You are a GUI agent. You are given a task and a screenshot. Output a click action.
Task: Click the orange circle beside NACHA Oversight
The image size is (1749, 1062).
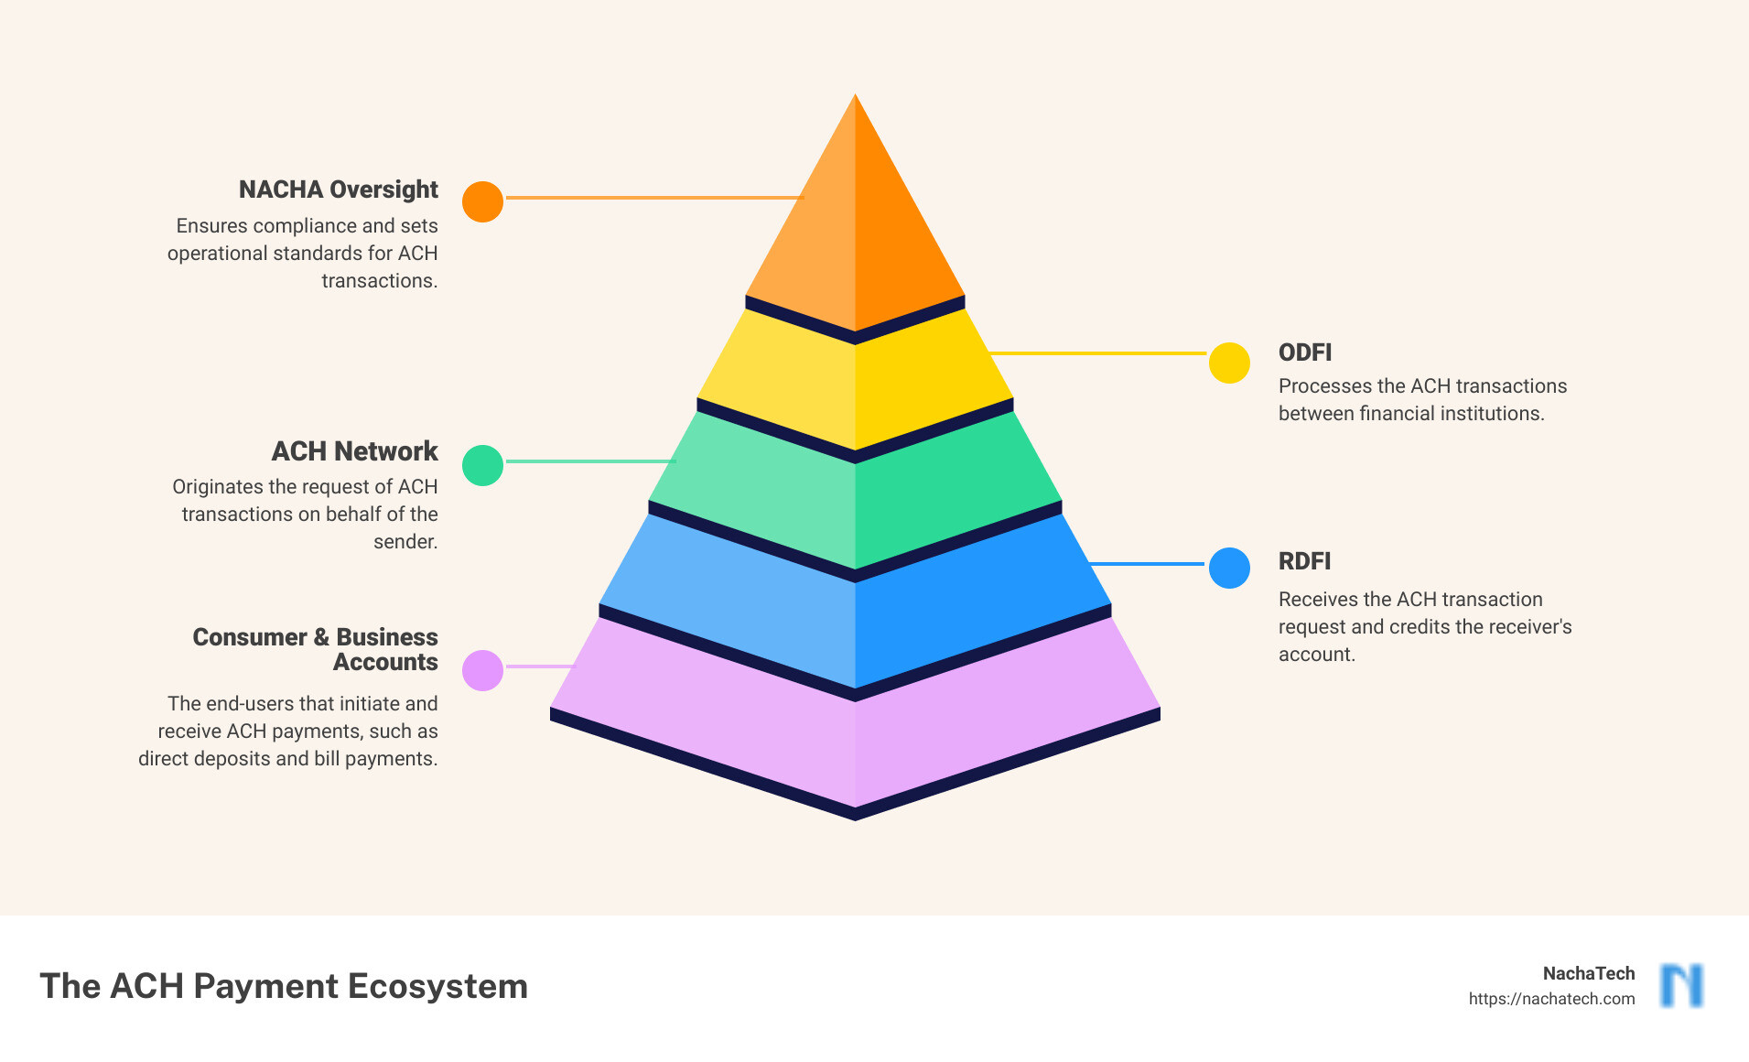point(482,201)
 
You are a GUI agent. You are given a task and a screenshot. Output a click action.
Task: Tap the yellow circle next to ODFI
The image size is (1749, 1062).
point(1229,363)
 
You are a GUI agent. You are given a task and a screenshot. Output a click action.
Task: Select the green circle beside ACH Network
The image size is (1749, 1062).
point(482,465)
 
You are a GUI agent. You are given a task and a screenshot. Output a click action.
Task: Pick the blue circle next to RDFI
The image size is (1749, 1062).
point(1229,568)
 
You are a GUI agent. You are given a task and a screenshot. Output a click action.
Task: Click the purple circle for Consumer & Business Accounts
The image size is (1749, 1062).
point(482,670)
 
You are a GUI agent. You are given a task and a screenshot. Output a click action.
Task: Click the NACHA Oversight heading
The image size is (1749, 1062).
point(339,190)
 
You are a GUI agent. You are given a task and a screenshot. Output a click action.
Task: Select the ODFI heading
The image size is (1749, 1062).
point(1305,352)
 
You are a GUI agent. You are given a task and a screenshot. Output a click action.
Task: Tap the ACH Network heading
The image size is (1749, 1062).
point(355,451)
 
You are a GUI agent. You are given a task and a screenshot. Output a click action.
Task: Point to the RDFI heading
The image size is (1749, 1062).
point(1304,561)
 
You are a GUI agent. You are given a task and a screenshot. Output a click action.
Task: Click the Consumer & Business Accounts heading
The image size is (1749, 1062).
point(316,649)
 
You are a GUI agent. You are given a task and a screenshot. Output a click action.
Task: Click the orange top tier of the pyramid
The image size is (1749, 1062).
point(855,220)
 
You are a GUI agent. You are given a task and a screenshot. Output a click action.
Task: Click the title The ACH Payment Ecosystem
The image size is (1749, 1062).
point(284,986)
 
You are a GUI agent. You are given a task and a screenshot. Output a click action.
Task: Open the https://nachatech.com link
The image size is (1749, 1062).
point(1551,999)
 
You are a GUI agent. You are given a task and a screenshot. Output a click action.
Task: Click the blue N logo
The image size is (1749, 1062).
point(1682,986)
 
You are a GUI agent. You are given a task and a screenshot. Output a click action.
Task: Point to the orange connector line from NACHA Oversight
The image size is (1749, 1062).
point(654,197)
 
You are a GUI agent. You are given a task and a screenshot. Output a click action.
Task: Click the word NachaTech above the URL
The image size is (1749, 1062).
point(1589,973)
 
